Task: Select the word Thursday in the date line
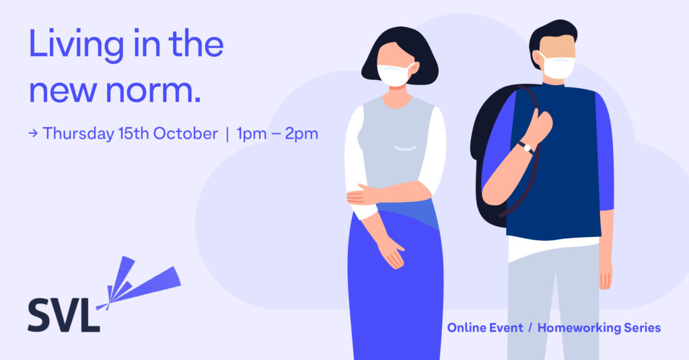[79, 134]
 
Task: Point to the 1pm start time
[252, 134]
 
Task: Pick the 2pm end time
[301, 134]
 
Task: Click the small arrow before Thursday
[33, 133]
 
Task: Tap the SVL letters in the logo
[64, 315]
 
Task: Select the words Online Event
[485, 328]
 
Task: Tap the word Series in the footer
[643, 328]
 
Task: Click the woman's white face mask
[394, 75]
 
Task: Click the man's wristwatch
[526, 147]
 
